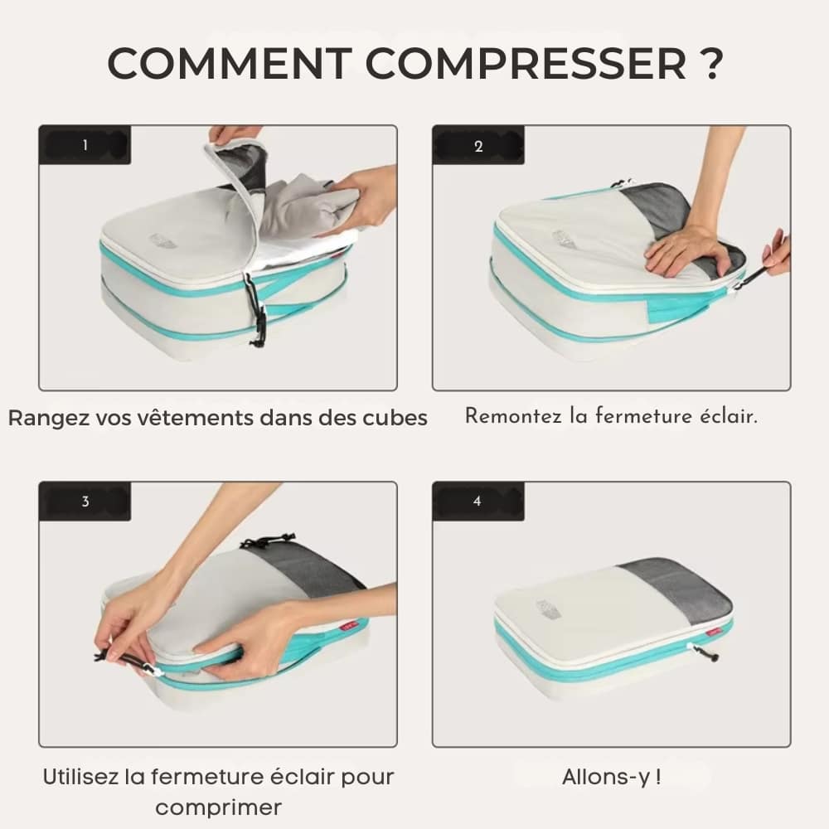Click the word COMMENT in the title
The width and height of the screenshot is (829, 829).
[x=230, y=64]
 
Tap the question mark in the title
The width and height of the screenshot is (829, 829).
[x=708, y=64]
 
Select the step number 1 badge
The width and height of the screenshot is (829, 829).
[x=85, y=145]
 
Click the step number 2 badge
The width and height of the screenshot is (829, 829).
[x=478, y=146]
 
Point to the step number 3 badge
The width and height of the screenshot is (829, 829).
[x=85, y=502]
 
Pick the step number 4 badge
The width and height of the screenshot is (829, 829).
[x=478, y=502]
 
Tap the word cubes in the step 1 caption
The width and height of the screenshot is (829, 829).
[x=395, y=418]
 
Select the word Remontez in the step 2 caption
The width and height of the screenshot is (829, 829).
[x=513, y=416]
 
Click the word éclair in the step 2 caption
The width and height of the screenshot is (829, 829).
[x=729, y=416]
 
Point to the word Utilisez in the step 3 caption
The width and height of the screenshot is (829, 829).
[x=80, y=777]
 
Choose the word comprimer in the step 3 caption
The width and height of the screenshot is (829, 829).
[x=218, y=807]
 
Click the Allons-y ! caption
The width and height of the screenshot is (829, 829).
[x=612, y=777]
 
